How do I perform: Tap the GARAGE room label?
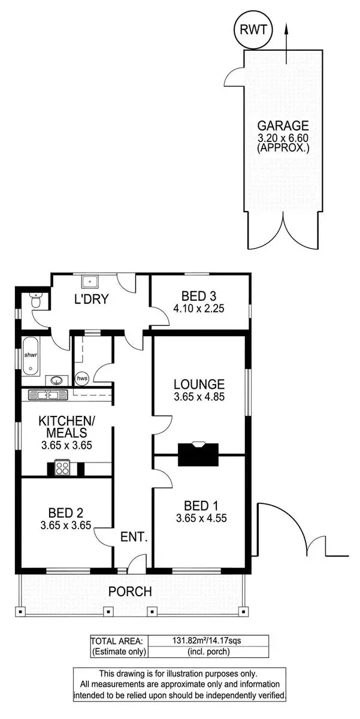283,126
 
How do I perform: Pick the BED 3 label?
198,295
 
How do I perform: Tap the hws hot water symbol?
82,379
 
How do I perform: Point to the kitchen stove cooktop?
63,467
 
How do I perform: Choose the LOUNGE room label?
199,384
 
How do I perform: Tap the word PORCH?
130,591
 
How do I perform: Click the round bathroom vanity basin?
56,379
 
